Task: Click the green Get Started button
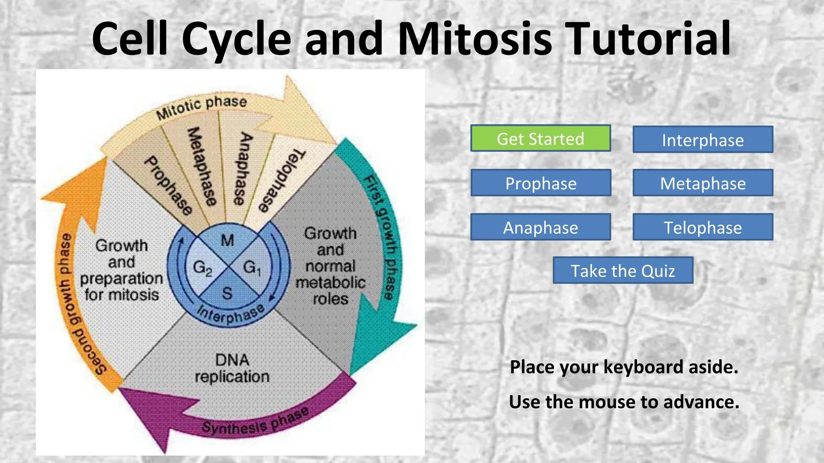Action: coord(540,138)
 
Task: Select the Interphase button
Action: coord(703,140)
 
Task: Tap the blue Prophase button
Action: coord(540,183)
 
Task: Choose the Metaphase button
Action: coord(703,183)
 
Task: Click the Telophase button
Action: coord(703,227)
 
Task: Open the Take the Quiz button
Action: coord(623,271)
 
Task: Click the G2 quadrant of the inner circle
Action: coord(202,268)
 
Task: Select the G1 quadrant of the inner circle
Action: coord(252,268)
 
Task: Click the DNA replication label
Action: coord(232,368)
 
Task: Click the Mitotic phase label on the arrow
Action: coord(202,107)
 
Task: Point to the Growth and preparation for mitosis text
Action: coord(122,270)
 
